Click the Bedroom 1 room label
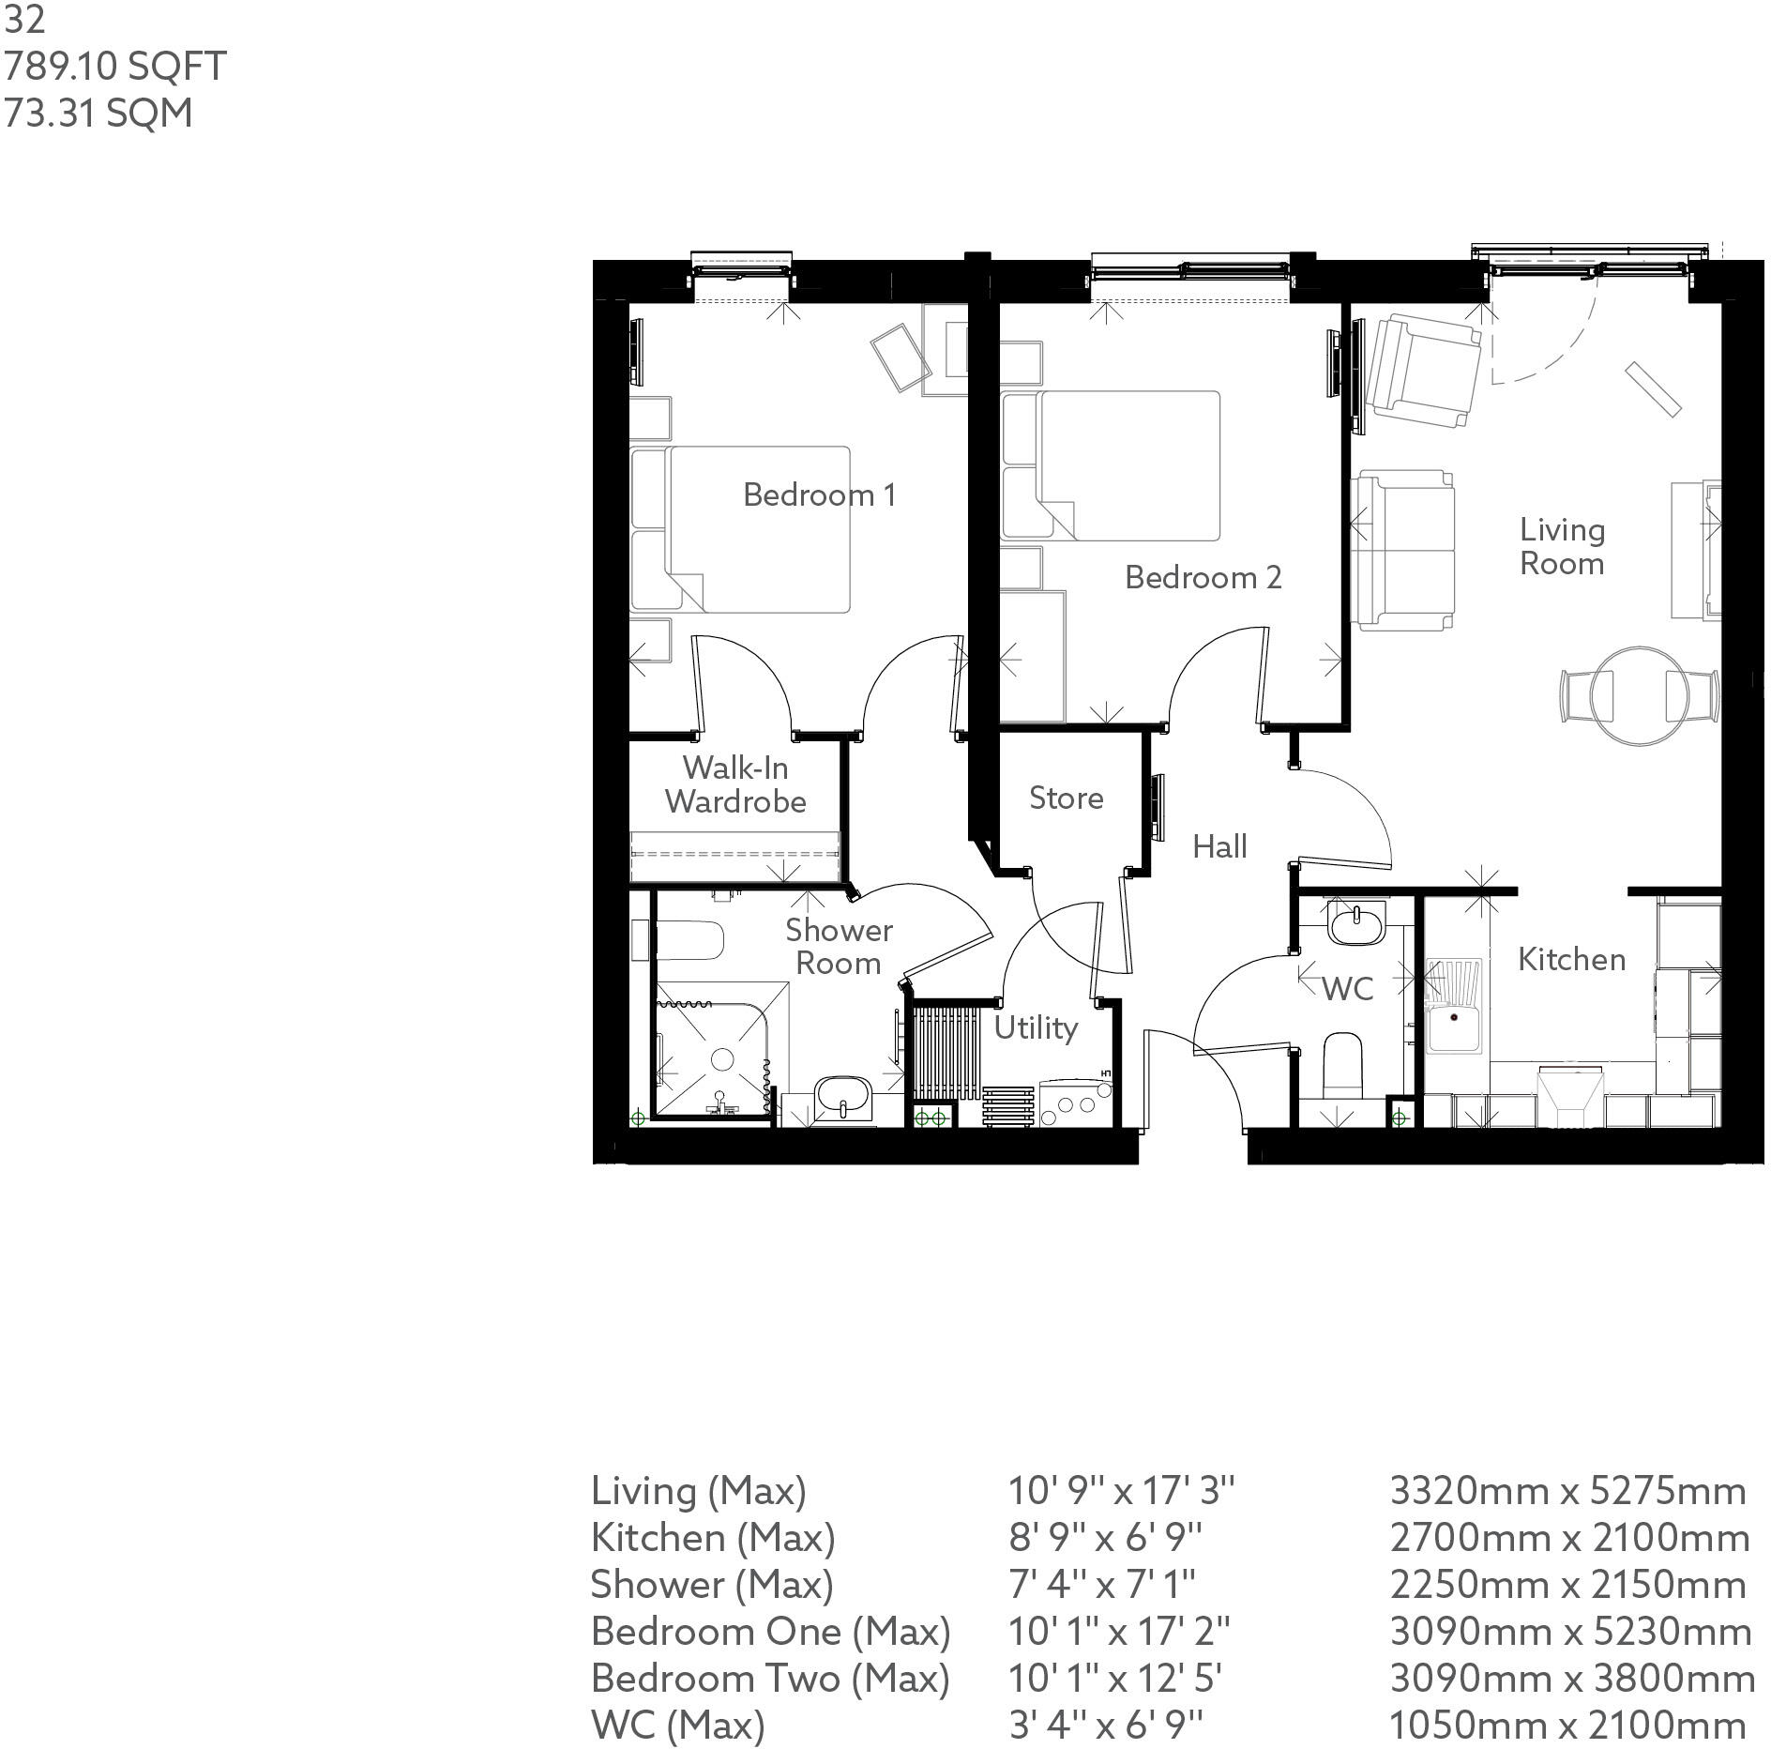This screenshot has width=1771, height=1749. (x=818, y=494)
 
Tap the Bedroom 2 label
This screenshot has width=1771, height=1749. (x=1203, y=577)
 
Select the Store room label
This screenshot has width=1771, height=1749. (x=1066, y=798)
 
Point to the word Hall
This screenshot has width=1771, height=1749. (x=1219, y=846)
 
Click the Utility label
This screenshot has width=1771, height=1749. (x=1035, y=1027)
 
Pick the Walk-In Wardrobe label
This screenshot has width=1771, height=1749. (x=735, y=784)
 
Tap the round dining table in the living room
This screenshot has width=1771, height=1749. (x=1640, y=695)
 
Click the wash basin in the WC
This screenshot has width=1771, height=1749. (x=1355, y=923)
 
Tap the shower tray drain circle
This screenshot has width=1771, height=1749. (x=722, y=1059)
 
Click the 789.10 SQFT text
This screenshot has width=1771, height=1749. (x=114, y=67)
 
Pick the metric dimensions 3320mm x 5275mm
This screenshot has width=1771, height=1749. (x=1567, y=1490)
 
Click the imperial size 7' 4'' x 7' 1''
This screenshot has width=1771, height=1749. (x=1101, y=1584)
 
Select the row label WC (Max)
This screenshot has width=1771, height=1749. (x=677, y=1725)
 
